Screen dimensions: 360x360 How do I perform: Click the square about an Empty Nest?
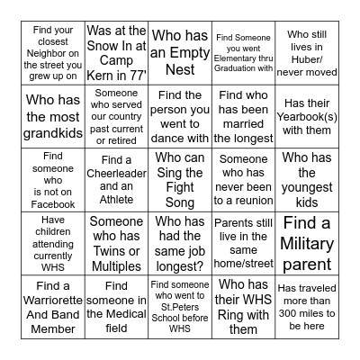[x=180, y=51]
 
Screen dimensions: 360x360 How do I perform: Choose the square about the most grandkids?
[x=53, y=115]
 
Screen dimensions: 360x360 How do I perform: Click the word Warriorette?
[x=54, y=314]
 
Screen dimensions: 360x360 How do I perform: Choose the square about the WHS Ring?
[x=243, y=306]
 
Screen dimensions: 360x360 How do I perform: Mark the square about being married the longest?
[x=243, y=115]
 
